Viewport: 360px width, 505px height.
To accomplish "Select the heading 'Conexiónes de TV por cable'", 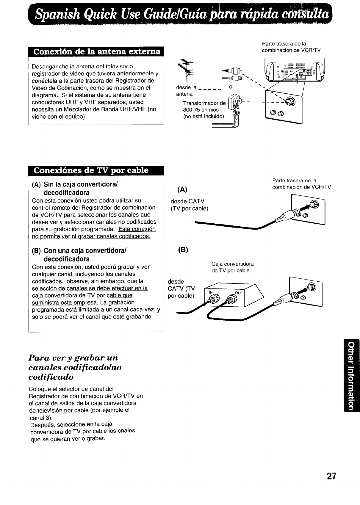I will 91,170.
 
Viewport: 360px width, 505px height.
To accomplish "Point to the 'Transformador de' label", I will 204,103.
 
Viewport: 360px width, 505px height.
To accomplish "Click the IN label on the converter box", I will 210,293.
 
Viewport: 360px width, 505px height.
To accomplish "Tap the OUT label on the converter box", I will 239,293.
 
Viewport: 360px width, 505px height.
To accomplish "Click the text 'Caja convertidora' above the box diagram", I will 232,264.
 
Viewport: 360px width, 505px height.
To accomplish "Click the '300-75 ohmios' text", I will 201,110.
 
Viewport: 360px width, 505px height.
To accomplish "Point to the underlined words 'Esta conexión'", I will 137,229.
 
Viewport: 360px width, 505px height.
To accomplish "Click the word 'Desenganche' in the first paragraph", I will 45,66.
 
